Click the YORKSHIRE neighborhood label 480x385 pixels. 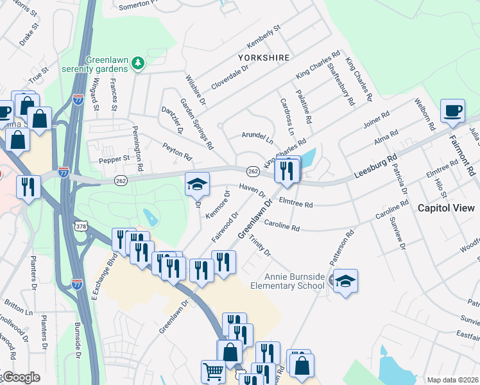[264, 58]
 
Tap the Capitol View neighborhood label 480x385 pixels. [446, 208]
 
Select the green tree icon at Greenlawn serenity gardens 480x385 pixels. [137, 63]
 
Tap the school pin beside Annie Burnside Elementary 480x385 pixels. [345, 281]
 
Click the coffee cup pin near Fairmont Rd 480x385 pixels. [453, 111]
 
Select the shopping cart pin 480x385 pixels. [213, 372]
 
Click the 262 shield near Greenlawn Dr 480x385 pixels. [252, 171]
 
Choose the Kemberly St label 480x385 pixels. [264, 38]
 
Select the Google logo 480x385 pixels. [21, 377]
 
